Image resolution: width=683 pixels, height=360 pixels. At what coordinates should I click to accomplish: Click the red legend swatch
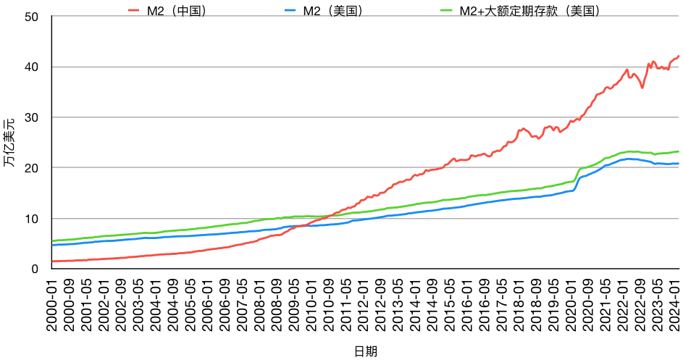133,10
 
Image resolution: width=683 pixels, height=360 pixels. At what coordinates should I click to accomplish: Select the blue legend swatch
290,10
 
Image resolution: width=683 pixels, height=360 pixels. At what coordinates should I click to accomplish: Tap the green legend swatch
447,10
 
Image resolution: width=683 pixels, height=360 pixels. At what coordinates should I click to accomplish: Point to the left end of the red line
53,261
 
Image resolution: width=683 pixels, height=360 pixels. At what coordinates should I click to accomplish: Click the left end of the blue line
53,245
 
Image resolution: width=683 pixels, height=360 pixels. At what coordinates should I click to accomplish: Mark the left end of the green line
53,240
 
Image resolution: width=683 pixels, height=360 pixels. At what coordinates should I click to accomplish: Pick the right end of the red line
679,56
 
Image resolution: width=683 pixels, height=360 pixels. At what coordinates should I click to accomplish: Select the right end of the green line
679,151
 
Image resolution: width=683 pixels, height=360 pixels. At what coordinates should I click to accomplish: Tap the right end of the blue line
679,164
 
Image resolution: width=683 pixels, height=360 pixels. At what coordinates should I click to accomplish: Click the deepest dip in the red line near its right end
642,88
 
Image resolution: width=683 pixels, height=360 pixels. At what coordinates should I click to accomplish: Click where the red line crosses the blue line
295,227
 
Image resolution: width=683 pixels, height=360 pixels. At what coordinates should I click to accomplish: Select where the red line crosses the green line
332,216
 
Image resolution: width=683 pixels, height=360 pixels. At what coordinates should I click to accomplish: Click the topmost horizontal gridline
362,16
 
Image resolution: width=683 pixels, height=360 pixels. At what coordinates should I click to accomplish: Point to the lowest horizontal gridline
362,218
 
